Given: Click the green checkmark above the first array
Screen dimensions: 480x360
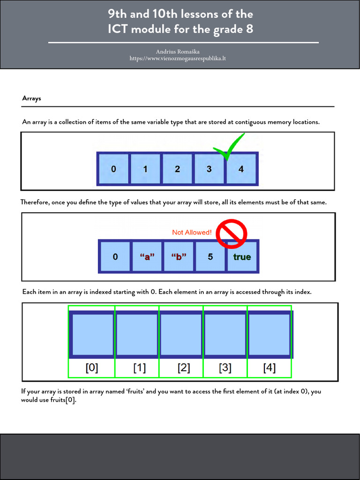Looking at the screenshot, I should pos(229,146).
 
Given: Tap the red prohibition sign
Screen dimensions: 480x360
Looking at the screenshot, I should pos(232,233).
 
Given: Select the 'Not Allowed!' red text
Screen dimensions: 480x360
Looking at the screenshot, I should pos(192,232).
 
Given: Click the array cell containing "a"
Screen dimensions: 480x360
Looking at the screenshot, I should pos(147,256).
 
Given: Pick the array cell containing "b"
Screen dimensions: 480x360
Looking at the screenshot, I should pos(179,256).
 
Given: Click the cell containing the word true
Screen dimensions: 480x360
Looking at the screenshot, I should pos(242,256).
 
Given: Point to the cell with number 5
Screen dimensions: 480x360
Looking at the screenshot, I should pos(210,256).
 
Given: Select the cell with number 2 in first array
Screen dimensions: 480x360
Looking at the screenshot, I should pos(177,169).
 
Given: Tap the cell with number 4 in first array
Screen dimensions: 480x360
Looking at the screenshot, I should pos(241,169).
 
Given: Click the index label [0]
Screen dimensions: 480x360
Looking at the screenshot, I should pos(92,368).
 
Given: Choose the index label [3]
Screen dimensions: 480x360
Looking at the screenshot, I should pos(225,368).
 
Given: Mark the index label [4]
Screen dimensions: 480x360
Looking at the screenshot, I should pos(270,368).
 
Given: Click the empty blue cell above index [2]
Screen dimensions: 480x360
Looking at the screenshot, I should pos(181,334).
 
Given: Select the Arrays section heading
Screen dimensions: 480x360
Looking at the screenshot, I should pos(31,98).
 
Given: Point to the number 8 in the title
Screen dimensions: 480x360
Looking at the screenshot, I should pos(249,29).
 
